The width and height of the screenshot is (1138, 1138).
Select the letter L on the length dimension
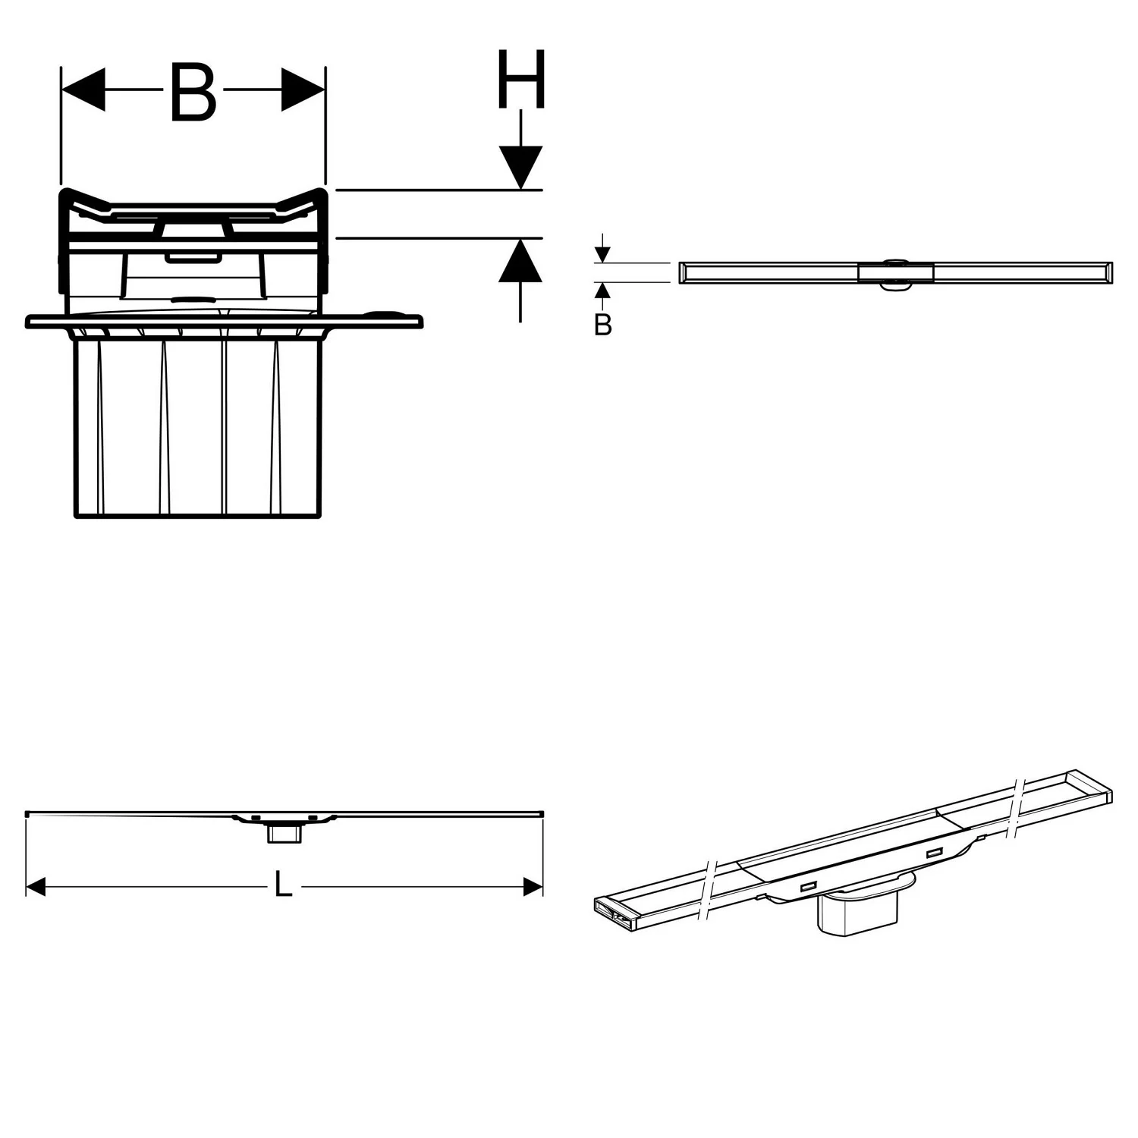click(x=282, y=885)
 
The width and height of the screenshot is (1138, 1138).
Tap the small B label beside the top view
click(x=602, y=325)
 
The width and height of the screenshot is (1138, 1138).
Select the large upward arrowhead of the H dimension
click(x=520, y=260)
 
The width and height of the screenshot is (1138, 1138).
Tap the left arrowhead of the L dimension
click(x=36, y=887)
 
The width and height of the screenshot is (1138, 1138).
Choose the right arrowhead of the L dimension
click(x=533, y=887)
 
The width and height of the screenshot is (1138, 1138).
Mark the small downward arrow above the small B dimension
click(x=602, y=253)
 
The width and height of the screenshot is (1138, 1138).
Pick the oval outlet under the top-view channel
click(x=895, y=285)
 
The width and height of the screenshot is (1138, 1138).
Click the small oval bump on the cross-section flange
click(x=386, y=313)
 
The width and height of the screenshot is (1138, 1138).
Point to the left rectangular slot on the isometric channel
click(x=807, y=886)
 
